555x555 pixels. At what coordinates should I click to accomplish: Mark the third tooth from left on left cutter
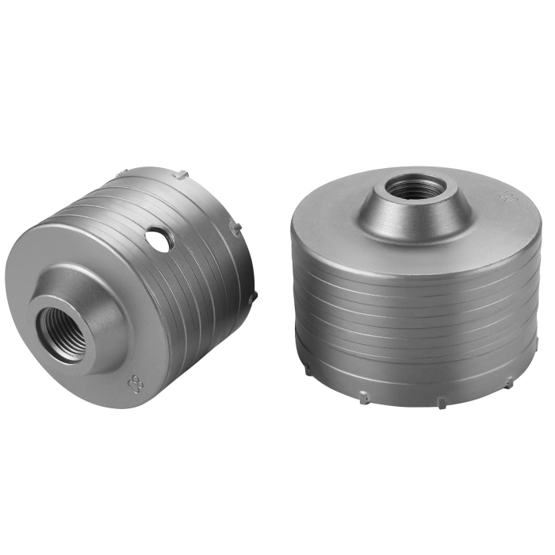point(235,226)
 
